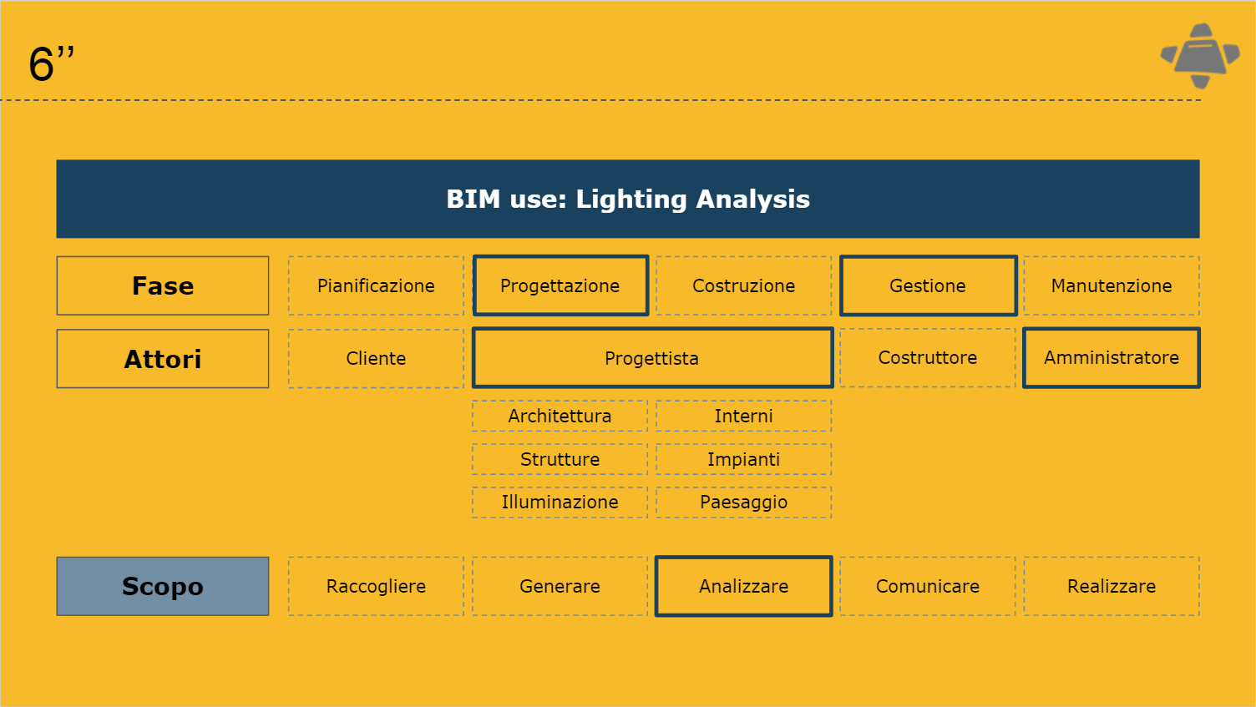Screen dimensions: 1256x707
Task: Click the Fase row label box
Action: coord(163,285)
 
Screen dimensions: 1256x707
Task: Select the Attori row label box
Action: coord(163,358)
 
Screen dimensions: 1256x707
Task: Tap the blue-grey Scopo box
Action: coord(163,586)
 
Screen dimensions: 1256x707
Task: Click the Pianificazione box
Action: coord(376,285)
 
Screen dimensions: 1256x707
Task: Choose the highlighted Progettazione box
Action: coord(560,285)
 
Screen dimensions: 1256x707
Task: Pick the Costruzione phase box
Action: coord(743,285)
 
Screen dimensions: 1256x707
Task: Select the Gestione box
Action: coord(928,285)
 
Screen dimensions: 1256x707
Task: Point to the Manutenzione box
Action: coord(1112,285)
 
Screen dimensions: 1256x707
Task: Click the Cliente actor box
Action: coord(376,358)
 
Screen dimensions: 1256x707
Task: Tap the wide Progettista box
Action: coord(652,358)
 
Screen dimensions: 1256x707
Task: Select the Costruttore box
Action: coord(928,358)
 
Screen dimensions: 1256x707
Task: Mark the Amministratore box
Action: coord(1112,358)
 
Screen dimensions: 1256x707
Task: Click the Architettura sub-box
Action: coord(560,416)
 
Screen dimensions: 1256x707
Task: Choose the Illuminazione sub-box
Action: coord(560,502)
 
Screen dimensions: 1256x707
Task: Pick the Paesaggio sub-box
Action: coord(743,502)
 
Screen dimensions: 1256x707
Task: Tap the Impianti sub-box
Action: coord(743,459)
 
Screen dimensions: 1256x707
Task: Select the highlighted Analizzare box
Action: coord(743,586)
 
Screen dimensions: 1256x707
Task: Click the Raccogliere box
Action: coord(376,586)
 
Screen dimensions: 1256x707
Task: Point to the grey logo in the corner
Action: coord(1200,55)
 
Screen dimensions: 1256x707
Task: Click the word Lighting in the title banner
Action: coord(631,199)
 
